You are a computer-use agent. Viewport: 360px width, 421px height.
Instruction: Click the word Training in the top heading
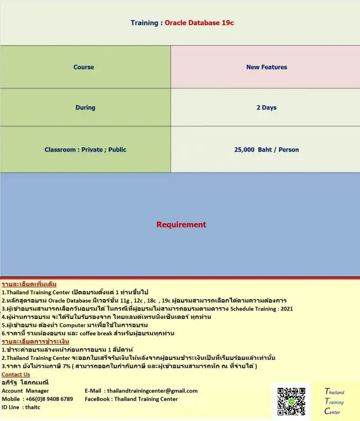tap(144, 23)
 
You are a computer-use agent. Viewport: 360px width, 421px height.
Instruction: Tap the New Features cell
tap(266, 67)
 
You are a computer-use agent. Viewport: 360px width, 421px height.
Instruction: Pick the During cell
tap(85, 107)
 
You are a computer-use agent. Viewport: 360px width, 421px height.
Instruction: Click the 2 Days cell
tap(266, 107)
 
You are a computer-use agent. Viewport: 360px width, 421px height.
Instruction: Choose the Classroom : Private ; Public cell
tap(85, 149)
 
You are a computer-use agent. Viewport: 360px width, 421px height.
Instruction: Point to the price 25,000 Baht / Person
tap(266, 149)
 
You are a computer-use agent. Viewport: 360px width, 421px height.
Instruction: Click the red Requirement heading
tap(181, 225)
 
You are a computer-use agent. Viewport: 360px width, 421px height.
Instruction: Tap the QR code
tap(291, 403)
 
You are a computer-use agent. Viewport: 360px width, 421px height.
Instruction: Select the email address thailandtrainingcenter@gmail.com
tap(152, 390)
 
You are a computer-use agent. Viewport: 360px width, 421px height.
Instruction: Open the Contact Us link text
tap(16, 374)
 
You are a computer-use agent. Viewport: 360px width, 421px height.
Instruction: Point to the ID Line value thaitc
tap(33, 407)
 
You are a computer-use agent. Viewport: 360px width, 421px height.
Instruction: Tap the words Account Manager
tap(25, 390)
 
